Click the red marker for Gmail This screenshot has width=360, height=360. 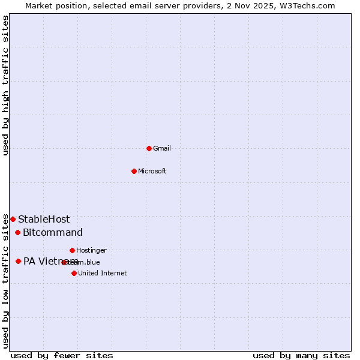coord(149,148)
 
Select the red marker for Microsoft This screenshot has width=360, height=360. coord(134,171)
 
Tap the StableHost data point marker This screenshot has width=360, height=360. coord(13,220)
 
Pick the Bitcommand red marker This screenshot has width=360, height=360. coord(17,233)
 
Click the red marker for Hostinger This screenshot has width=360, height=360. coord(72,250)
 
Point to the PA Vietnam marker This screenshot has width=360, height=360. coord(18,261)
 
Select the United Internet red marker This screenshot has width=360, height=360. coord(74,273)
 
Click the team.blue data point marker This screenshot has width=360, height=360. coord(64,262)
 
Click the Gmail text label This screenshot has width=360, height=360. coord(162,148)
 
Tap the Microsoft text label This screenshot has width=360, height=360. coord(152,171)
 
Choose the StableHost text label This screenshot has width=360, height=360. coord(44,220)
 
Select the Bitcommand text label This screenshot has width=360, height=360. coord(53,233)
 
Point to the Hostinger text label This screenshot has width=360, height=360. coord(91,250)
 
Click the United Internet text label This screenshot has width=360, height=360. coord(102,273)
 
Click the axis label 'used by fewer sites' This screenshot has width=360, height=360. coord(62,355)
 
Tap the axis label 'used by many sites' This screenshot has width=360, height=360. coord(301,355)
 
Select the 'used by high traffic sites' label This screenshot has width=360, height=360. coord(5,85)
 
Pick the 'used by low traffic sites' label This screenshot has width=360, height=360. coord(5,280)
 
